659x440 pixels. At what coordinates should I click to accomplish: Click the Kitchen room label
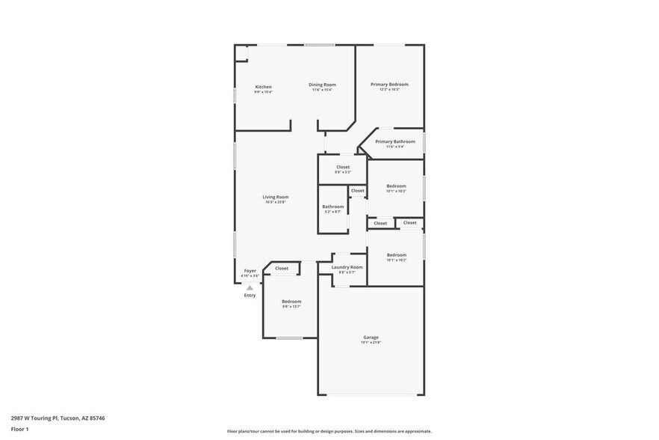tap(263, 87)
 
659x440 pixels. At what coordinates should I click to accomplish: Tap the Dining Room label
tap(322, 85)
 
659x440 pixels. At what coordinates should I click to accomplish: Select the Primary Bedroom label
tap(389, 85)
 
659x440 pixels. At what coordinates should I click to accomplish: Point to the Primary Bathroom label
tap(395, 141)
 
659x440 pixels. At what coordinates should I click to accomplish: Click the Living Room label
tap(275, 197)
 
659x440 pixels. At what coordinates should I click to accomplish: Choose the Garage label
tap(371, 337)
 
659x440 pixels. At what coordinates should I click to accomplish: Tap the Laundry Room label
tap(347, 267)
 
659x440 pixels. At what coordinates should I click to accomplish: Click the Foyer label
tap(250, 271)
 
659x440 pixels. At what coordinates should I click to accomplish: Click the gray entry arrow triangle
tap(250, 287)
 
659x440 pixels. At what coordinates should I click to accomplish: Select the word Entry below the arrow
tap(250, 296)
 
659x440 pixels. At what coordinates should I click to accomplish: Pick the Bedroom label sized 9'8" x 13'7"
tap(291, 302)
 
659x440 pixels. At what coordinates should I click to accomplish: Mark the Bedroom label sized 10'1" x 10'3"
tap(396, 186)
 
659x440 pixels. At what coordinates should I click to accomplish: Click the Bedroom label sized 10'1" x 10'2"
tap(396, 255)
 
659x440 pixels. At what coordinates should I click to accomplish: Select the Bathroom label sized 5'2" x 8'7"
tap(332, 207)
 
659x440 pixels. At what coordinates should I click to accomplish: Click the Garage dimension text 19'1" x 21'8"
tap(371, 343)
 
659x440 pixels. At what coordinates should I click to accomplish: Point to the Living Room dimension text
tap(275, 202)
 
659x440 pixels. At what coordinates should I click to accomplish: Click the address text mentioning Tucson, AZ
tap(58, 418)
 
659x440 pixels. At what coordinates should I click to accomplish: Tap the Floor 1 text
tap(19, 429)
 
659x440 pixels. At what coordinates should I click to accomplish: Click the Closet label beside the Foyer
tap(282, 268)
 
